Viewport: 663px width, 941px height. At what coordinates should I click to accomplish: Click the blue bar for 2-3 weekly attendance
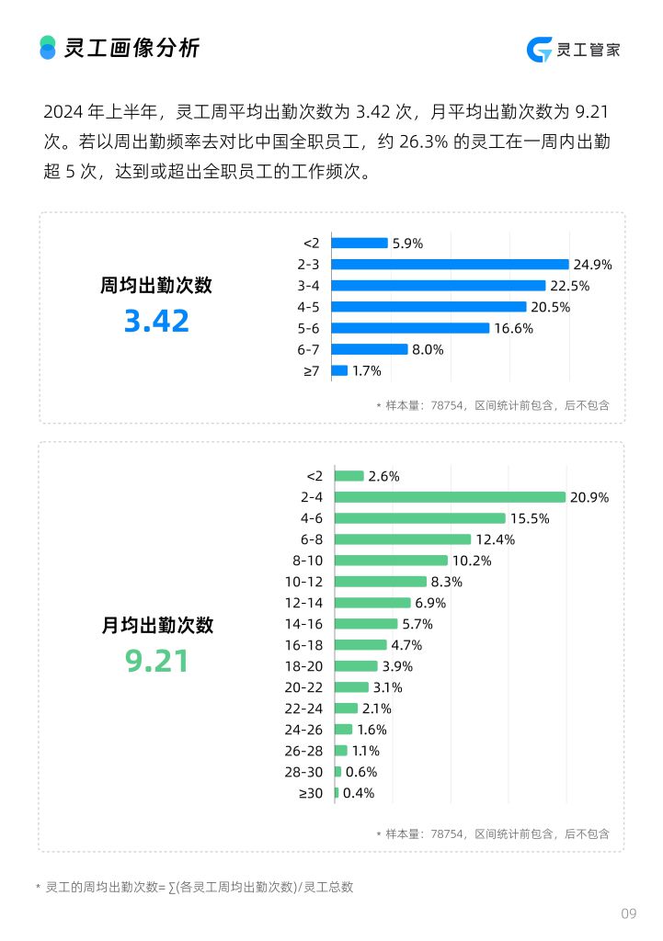(x=450, y=265)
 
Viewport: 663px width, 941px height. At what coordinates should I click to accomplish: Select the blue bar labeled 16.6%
(x=410, y=328)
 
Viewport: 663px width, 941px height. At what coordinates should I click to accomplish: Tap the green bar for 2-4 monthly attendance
(x=450, y=497)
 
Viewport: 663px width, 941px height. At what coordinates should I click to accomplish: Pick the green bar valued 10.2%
(x=391, y=561)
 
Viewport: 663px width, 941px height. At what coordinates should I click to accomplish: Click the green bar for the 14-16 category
(x=366, y=624)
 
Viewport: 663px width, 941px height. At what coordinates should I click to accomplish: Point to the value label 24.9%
(x=592, y=265)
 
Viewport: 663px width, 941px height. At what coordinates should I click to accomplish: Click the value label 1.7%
(x=366, y=370)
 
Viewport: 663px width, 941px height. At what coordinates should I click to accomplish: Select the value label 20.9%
(x=589, y=497)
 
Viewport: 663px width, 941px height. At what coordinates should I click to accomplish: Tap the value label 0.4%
(x=359, y=793)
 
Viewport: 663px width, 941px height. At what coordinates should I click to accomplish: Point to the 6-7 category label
(x=308, y=349)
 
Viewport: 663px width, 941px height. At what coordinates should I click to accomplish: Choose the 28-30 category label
(x=303, y=772)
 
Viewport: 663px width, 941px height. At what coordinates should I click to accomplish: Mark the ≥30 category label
(x=311, y=793)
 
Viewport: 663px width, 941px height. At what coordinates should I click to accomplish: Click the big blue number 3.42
(x=156, y=322)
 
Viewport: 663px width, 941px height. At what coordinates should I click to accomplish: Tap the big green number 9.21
(x=156, y=661)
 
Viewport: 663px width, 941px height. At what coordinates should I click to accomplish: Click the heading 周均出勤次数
(x=156, y=286)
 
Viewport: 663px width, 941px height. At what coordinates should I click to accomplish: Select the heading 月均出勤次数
(x=156, y=625)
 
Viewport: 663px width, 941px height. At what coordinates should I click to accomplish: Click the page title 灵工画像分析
(x=131, y=48)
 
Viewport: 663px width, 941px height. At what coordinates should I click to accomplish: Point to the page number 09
(x=628, y=913)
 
